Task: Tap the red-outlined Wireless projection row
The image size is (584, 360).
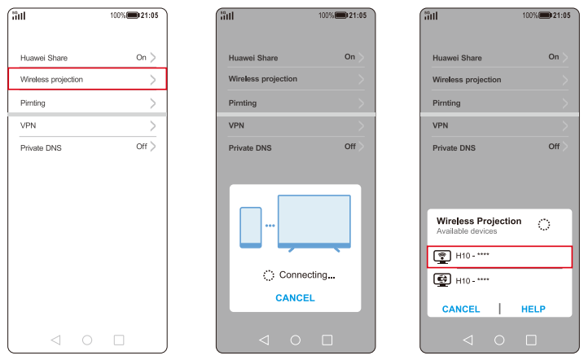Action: point(87,79)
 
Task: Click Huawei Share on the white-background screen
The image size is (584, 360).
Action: point(44,58)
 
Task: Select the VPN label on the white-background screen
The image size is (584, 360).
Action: point(29,125)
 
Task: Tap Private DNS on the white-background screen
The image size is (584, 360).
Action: point(41,147)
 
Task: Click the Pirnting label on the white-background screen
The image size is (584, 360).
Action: point(33,103)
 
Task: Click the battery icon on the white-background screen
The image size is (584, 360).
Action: point(133,15)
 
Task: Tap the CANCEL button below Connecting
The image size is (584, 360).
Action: point(295,298)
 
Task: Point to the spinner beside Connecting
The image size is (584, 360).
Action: point(269,275)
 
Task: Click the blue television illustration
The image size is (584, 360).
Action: point(314,222)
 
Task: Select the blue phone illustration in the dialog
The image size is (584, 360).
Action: point(251,227)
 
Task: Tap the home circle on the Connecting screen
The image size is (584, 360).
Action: point(296,340)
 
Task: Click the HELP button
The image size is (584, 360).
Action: point(534,309)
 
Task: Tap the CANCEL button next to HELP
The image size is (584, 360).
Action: point(461,309)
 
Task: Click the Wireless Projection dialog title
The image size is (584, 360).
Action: point(479,222)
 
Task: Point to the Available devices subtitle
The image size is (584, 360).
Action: point(467,231)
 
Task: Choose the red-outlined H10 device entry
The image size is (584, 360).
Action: point(499,257)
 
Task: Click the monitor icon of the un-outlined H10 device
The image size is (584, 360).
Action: point(442,280)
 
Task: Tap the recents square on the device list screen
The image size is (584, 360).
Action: point(531,340)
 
